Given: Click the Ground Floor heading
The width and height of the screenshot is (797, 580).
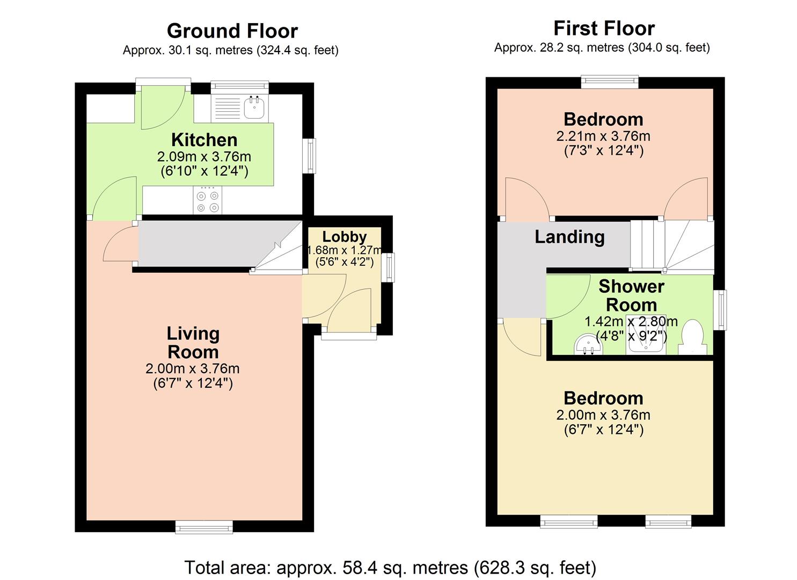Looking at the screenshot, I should tap(232, 31).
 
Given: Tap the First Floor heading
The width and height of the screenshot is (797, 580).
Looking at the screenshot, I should tap(604, 28).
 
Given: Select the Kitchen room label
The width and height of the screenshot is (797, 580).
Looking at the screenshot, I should tap(204, 140).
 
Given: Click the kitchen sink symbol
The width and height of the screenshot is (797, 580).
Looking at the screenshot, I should tap(254, 107).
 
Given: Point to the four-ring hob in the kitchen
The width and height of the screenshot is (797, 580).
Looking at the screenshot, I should tap(207, 201).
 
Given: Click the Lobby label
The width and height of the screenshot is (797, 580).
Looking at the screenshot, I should tap(345, 236).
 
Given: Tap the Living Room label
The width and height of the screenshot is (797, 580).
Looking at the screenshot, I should tap(193, 343).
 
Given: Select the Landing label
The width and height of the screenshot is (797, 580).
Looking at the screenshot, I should tap(569, 237).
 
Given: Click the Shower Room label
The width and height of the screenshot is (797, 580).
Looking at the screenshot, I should tap(631, 295).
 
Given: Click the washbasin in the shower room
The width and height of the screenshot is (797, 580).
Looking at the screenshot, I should tap(588, 346).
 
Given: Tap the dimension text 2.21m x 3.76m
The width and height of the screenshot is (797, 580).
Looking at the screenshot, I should tap(603, 136).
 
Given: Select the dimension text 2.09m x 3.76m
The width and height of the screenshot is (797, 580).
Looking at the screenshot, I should tap(204, 157).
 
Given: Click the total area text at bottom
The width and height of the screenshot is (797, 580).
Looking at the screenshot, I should tap(390, 568).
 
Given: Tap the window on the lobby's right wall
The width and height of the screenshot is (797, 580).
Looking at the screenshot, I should tap(390, 267).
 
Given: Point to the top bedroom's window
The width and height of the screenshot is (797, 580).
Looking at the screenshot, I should tap(610, 82).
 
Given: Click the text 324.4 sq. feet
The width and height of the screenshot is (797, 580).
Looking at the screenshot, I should tap(297, 50).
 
